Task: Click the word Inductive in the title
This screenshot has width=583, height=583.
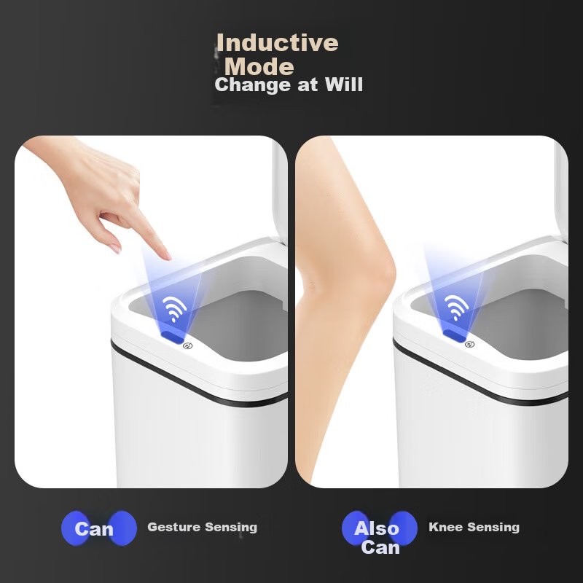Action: click(x=278, y=42)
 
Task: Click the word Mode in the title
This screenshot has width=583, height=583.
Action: click(x=259, y=67)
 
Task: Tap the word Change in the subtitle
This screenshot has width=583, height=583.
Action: click(x=253, y=85)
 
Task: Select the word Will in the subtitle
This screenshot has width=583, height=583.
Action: click(x=343, y=85)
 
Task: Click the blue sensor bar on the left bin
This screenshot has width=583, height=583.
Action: click(x=172, y=337)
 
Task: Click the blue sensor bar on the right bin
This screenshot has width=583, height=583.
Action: click(x=454, y=335)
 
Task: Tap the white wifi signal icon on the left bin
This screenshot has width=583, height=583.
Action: click(x=174, y=308)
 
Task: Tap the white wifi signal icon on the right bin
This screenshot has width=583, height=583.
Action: click(x=456, y=307)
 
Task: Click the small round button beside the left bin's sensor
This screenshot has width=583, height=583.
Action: click(x=188, y=345)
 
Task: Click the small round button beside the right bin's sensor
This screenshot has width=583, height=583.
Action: click(x=469, y=344)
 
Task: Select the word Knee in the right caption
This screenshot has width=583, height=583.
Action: click(x=445, y=527)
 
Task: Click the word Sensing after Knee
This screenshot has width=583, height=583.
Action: click(x=493, y=527)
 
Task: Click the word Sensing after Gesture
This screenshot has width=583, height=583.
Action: click(x=231, y=527)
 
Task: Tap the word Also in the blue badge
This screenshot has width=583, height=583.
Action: click(x=376, y=528)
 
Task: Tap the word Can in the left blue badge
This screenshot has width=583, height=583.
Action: click(x=94, y=529)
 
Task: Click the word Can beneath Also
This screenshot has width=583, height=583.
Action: click(x=380, y=547)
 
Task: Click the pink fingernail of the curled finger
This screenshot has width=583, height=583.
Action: click(x=116, y=249)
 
